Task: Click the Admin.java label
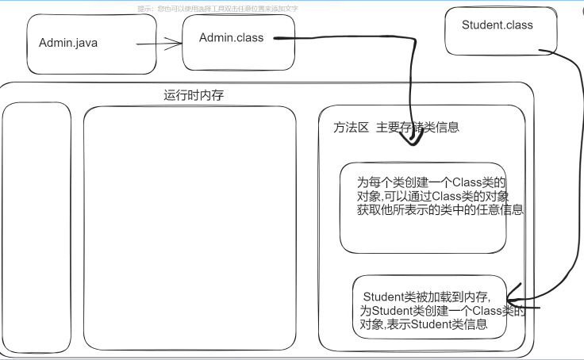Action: [x=68, y=43]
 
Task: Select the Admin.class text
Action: [x=231, y=37]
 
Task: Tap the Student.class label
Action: [x=498, y=25]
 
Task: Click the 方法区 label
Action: [x=351, y=127]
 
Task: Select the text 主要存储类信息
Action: [x=417, y=127]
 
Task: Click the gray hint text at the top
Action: [x=217, y=8]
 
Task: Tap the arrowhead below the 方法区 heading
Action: [x=412, y=141]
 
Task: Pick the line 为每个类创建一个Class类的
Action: [x=432, y=182]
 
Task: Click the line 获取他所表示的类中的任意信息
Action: [x=441, y=210]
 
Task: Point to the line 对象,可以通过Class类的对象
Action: [x=439, y=196]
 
